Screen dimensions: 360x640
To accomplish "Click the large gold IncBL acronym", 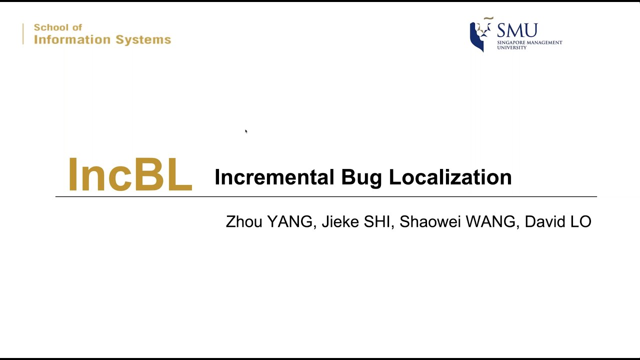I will (x=130, y=174).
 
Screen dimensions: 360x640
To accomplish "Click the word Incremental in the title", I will (x=274, y=177).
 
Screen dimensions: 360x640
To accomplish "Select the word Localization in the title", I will (x=450, y=177).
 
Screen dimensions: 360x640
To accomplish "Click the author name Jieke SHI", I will (x=355, y=221).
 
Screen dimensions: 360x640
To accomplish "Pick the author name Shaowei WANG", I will (x=457, y=221).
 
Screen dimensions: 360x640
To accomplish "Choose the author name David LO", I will (x=557, y=221).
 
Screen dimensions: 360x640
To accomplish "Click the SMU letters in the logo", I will (x=517, y=30).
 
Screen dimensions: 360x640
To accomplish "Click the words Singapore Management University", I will (x=529, y=45).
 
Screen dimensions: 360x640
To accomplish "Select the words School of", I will (x=57, y=27).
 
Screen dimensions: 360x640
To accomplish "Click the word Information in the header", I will (x=71, y=39).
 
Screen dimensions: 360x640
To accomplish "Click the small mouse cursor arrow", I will (x=246, y=131).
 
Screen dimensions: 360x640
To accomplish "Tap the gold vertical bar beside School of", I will (x=23, y=34).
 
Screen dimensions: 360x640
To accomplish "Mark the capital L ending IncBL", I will (x=178, y=174).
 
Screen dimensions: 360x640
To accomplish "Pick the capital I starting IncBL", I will (x=72, y=174).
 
